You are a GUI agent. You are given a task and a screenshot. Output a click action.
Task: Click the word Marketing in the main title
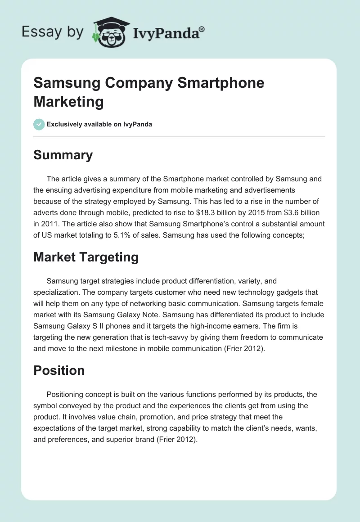[x=68, y=101]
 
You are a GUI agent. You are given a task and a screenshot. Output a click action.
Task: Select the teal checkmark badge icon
[x=39, y=124]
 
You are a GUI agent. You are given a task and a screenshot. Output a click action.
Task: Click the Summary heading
[x=63, y=155]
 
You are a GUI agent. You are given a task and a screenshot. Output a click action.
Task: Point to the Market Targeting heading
[x=85, y=257]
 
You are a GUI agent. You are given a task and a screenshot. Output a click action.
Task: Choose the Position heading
[x=59, y=370]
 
